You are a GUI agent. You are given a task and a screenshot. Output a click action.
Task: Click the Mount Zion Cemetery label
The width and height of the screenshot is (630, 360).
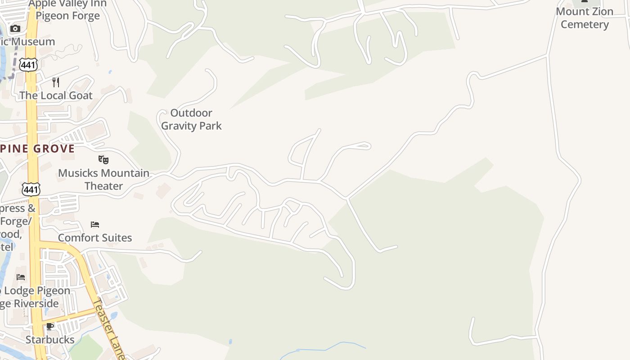point(585,18)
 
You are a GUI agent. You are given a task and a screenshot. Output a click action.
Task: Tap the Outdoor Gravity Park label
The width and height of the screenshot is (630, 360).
point(191,119)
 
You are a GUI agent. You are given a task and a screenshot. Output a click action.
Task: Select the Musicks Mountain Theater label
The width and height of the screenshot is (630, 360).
point(103,179)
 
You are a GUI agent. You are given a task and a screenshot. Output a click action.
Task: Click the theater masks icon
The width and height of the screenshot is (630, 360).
point(103,159)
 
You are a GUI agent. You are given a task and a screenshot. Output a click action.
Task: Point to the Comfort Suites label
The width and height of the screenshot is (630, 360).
point(95,238)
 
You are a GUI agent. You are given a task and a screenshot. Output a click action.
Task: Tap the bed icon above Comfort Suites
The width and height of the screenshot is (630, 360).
point(95,224)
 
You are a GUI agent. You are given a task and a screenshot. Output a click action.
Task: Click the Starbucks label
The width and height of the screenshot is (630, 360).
point(50,339)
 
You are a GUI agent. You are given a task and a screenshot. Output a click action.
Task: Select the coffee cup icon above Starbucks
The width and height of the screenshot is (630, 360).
point(50,326)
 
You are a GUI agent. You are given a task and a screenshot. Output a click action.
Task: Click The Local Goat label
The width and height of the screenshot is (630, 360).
point(56,95)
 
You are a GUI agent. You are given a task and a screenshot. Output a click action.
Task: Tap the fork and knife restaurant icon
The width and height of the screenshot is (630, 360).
point(56,82)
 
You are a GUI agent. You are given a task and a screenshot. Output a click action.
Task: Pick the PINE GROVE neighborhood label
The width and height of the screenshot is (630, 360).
point(37,149)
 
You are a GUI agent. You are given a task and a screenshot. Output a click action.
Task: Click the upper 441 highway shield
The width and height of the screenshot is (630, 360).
point(28,65)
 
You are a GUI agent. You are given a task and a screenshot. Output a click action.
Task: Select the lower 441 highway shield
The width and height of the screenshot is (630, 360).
point(31,189)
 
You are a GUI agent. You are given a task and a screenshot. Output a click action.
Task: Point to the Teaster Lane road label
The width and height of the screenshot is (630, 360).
point(108,328)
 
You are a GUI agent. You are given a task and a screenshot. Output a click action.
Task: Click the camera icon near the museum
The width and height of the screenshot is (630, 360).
point(15,29)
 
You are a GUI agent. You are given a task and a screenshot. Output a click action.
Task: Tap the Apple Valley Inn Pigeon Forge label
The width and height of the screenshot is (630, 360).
point(67,10)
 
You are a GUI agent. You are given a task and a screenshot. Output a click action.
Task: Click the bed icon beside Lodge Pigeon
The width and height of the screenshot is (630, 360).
point(21,277)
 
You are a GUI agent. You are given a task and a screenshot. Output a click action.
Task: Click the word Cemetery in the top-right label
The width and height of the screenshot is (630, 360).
point(585,24)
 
